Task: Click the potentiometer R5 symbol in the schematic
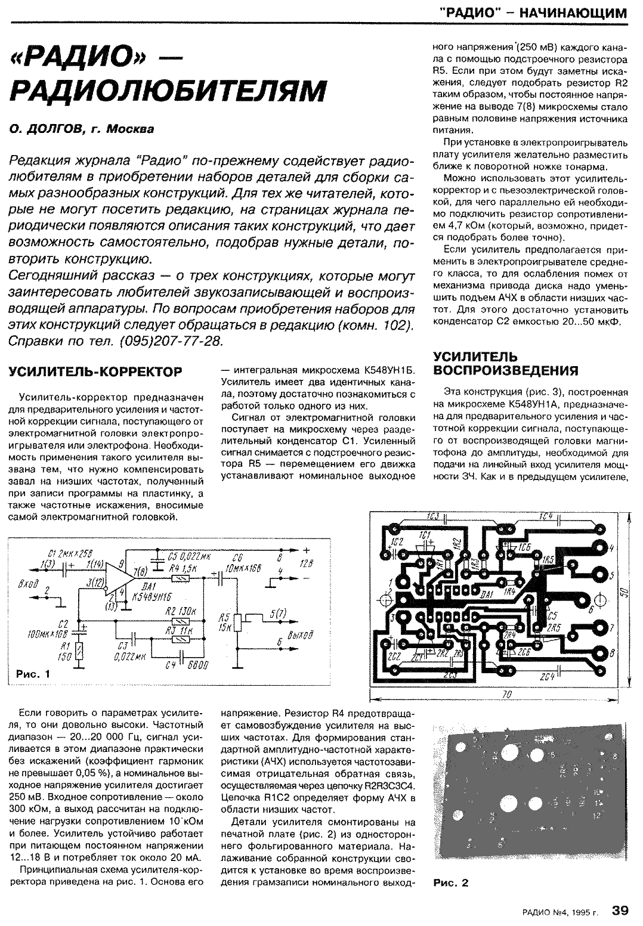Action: [x=238, y=623]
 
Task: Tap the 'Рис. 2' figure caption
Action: [x=451, y=883]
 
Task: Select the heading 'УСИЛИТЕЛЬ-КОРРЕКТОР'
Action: [x=96, y=371]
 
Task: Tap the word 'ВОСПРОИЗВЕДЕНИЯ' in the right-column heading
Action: [x=505, y=370]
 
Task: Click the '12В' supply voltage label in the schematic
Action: [x=306, y=563]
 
